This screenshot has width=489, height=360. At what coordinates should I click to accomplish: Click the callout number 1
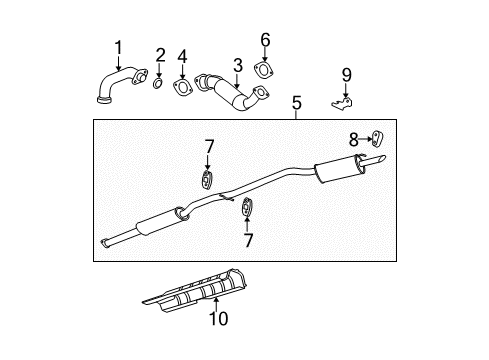click(x=119, y=46)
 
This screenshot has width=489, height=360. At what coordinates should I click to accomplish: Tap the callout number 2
click(x=160, y=53)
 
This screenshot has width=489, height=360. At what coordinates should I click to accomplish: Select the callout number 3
click(x=237, y=65)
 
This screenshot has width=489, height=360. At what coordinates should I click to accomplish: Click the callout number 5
click(x=297, y=102)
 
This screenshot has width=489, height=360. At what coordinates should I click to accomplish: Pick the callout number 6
click(x=265, y=39)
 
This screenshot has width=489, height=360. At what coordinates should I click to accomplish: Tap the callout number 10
click(x=218, y=319)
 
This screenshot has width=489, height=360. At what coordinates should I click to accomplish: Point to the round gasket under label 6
click(x=265, y=69)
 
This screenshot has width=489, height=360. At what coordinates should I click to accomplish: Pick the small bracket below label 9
click(x=342, y=101)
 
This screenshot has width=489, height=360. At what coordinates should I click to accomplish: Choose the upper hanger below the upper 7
click(x=207, y=180)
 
